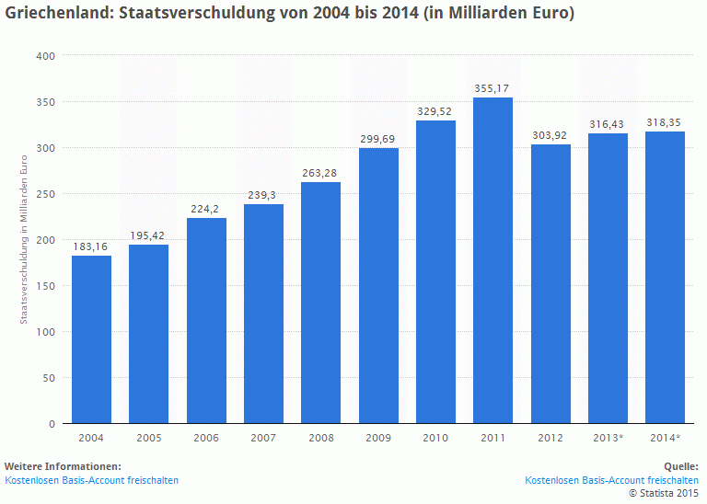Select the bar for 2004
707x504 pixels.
tap(91, 339)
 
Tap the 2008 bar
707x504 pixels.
tap(320, 303)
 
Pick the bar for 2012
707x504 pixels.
tap(551, 284)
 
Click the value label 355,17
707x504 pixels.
tap(493, 88)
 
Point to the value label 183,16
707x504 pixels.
tap(91, 246)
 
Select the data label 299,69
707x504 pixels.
tap(377, 139)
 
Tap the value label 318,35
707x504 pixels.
tap(665, 122)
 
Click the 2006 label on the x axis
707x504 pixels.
tap(206, 438)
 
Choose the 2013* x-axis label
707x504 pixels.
tap(608, 438)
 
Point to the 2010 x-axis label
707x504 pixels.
tap(435, 438)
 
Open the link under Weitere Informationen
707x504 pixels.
tap(91, 480)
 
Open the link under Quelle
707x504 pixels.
tap(611, 480)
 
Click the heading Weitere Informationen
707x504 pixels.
tap(63, 466)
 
